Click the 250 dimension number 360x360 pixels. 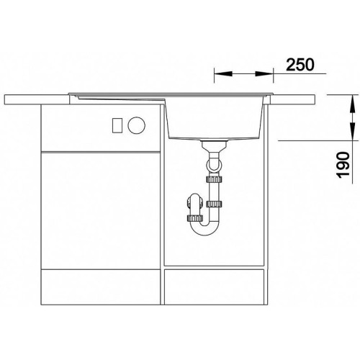click(x=300, y=64)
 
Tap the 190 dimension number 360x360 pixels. click(x=343, y=165)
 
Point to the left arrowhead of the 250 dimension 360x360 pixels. click(x=223, y=73)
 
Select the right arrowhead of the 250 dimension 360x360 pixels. click(x=264, y=73)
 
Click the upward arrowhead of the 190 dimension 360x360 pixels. click(x=352, y=104)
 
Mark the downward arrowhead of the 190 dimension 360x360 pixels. click(x=352, y=131)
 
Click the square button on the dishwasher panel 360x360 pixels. click(x=117, y=125)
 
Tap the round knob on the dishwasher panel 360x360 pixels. click(x=137, y=125)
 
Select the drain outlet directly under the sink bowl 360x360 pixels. click(x=215, y=146)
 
